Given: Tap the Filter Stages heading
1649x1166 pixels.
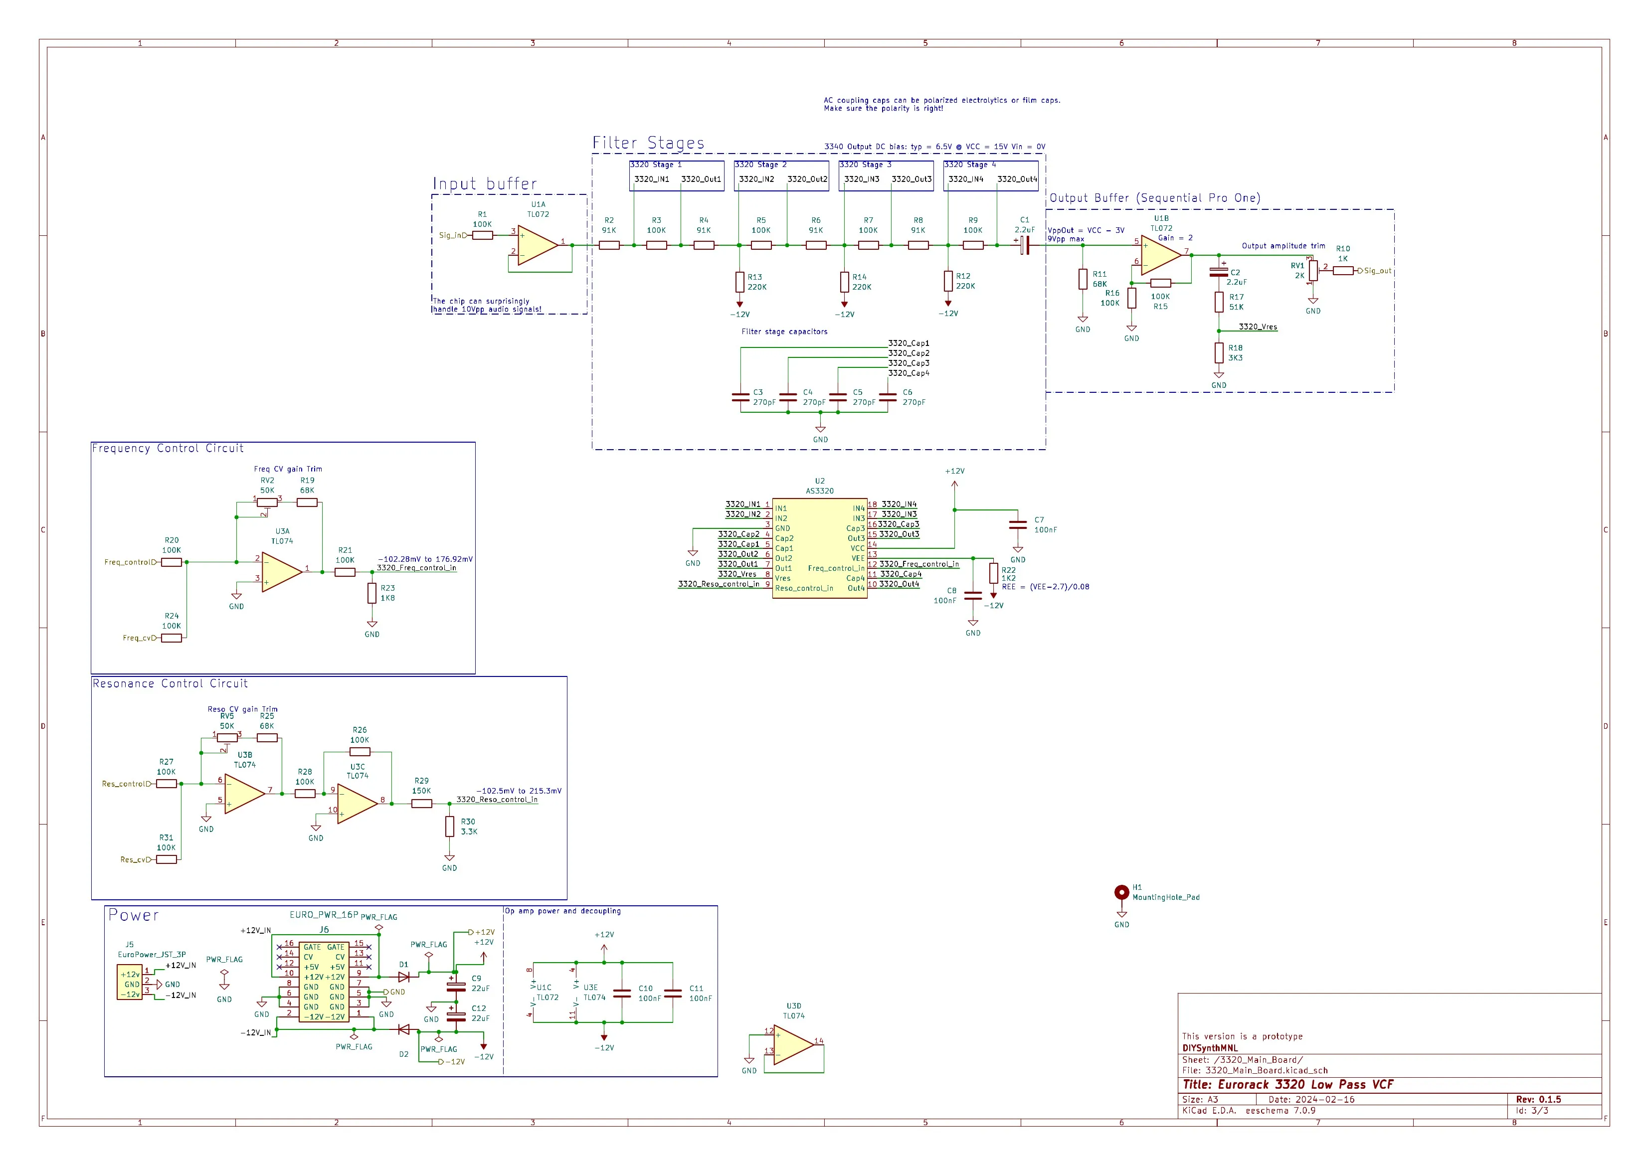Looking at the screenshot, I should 648,143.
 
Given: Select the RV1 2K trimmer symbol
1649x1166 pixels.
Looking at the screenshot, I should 1313,271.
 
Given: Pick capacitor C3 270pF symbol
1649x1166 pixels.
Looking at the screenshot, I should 740,397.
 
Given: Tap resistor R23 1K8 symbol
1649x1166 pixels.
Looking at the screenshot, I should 372,593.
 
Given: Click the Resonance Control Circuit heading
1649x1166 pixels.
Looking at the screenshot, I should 170,683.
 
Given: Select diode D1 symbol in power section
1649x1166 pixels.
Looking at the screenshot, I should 404,977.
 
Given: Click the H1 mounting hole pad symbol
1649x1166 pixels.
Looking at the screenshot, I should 1121,892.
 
